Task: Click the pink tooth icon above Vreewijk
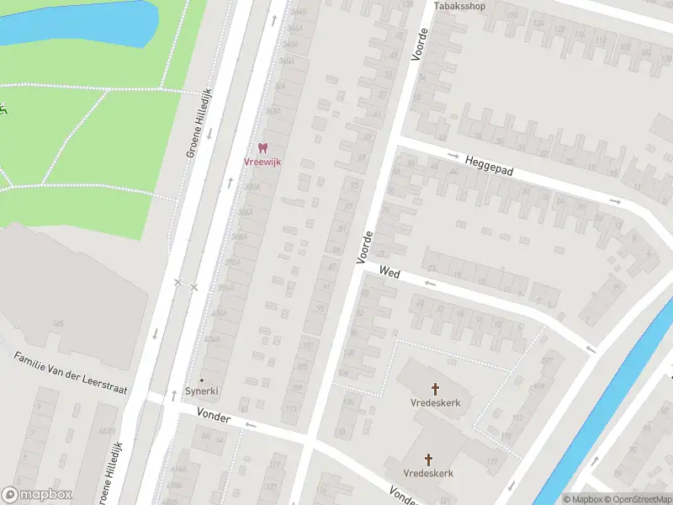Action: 262,148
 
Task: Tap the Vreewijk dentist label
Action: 262,162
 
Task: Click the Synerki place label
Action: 201,392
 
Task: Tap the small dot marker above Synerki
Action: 201,380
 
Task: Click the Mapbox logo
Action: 37,495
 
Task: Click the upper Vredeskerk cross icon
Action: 436,389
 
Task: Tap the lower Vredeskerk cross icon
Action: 429,460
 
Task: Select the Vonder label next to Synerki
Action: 213,413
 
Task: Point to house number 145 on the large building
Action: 58,324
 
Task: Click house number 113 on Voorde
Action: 291,408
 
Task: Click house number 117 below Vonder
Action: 273,464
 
